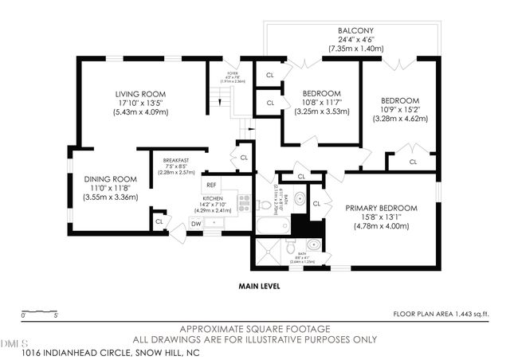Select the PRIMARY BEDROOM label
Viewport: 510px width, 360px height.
click(x=381, y=208)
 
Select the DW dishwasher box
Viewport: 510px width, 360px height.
click(x=196, y=224)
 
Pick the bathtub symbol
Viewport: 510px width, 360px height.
click(x=272, y=225)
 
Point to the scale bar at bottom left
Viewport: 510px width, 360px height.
click(x=37, y=311)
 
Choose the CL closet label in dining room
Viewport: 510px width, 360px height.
click(x=159, y=221)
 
